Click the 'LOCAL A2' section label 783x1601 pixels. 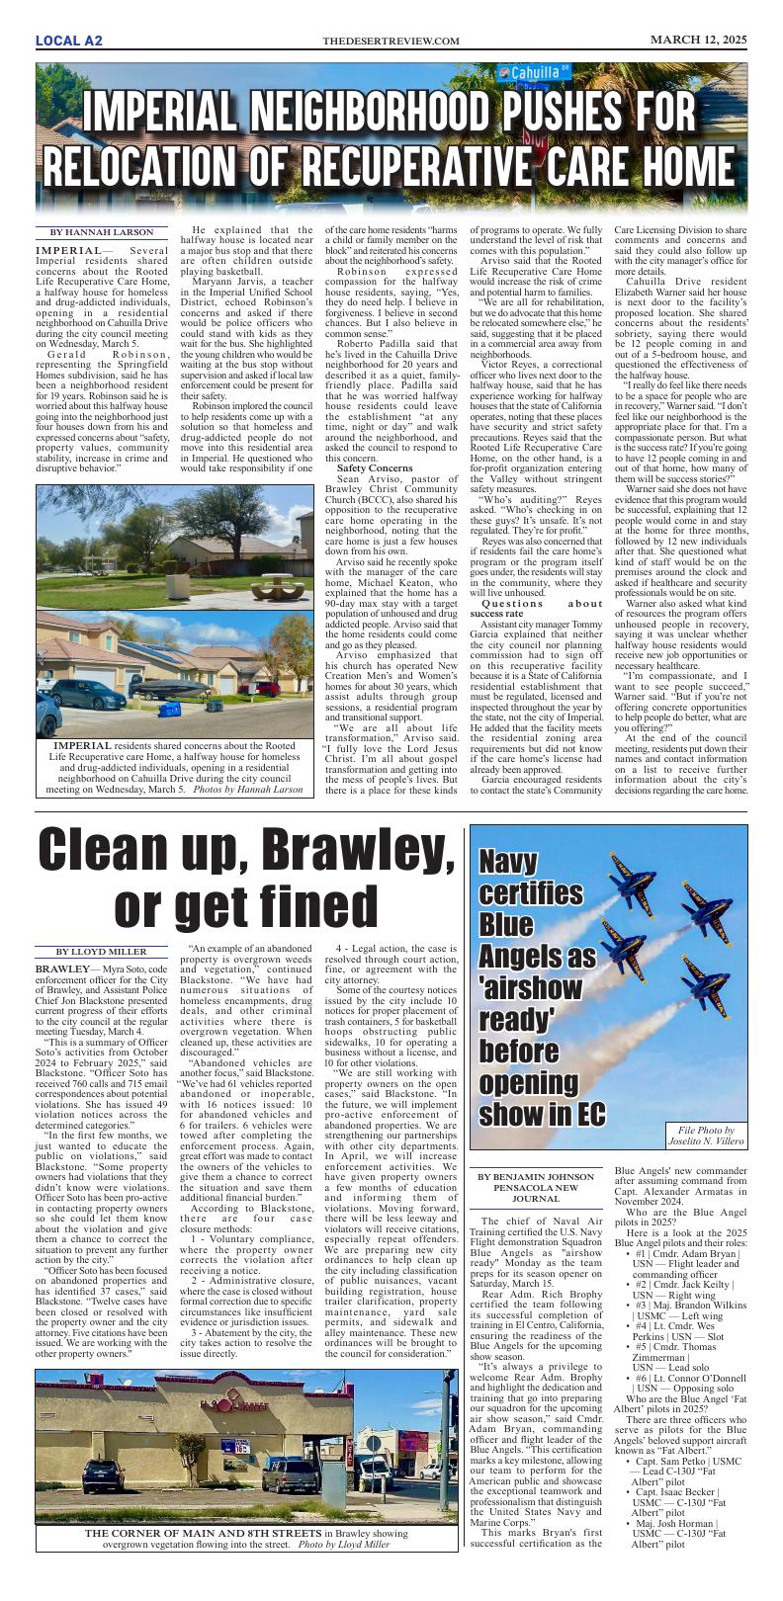point(68,41)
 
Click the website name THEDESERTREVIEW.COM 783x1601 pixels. point(391,41)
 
